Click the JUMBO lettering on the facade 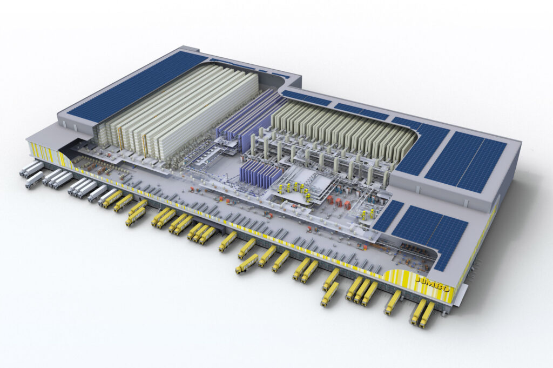(433, 284)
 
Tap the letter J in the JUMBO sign (419, 280)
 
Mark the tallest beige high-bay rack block (177, 109)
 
